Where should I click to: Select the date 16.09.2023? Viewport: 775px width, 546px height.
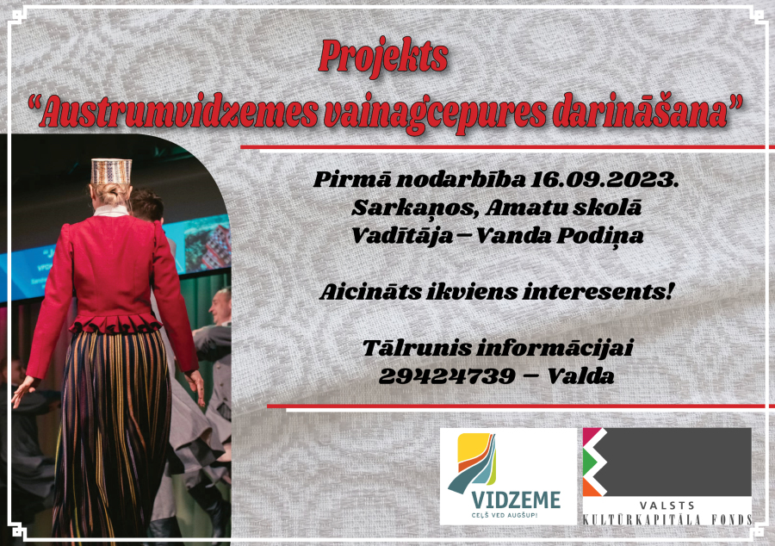[604, 180]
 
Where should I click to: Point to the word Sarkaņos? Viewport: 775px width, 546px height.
[415, 208]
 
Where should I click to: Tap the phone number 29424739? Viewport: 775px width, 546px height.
[447, 377]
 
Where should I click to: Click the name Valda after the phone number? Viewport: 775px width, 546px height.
[580, 376]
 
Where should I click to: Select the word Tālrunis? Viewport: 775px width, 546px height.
[417, 348]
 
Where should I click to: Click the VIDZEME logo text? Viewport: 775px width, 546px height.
[516, 500]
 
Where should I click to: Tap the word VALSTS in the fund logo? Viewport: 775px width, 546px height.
[667, 506]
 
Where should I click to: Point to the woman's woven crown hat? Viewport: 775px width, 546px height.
[111, 171]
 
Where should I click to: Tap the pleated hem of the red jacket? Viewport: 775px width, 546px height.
[116, 324]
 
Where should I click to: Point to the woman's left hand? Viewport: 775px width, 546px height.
[23, 391]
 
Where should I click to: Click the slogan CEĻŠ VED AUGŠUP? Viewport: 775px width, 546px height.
[504, 515]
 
